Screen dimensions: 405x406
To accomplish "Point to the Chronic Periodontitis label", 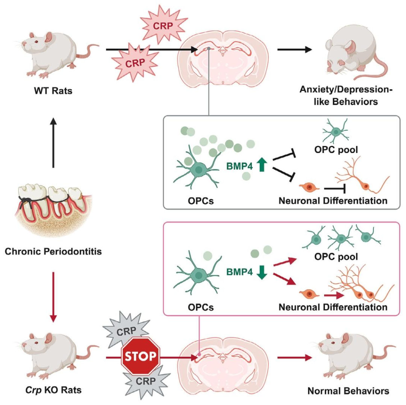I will click(x=53, y=251).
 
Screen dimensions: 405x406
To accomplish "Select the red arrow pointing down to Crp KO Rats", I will click(x=53, y=297).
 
